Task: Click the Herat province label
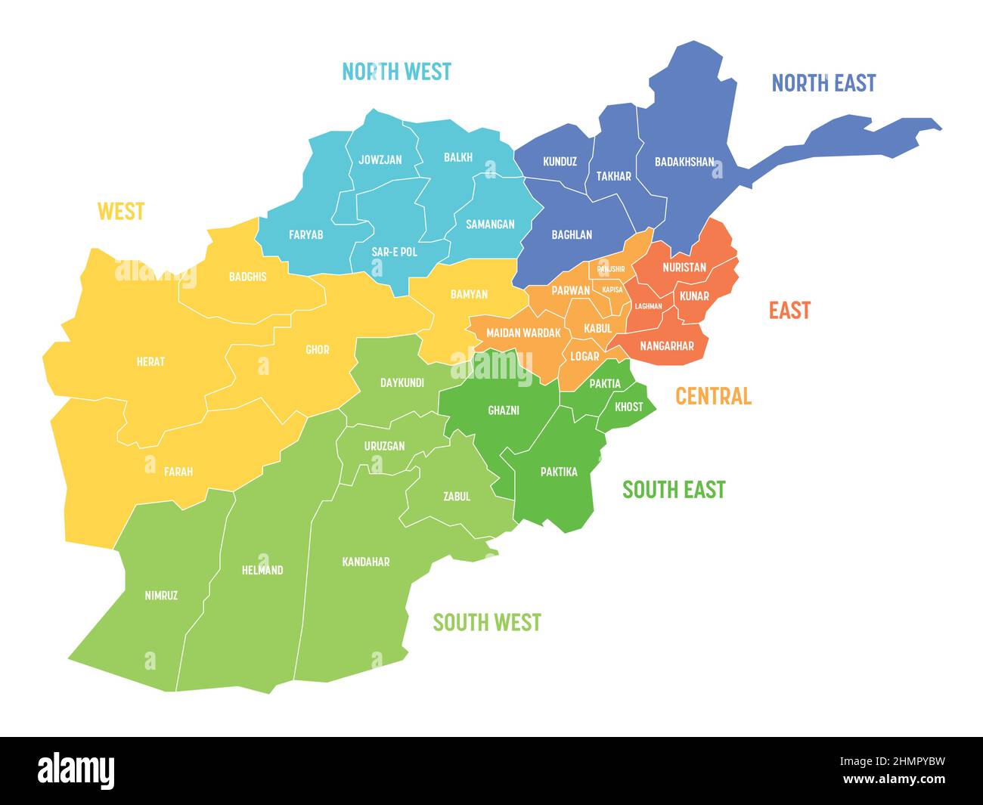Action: [x=150, y=361]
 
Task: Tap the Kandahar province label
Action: [x=366, y=562]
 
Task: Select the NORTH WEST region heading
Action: [x=396, y=72]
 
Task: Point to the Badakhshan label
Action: [x=684, y=161]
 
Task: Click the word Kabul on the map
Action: [x=597, y=328]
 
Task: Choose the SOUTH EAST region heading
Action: [x=673, y=490]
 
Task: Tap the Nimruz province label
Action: [x=161, y=595]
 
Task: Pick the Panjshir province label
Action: [x=611, y=269]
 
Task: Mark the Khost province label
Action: [x=629, y=407]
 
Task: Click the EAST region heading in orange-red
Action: [x=789, y=310]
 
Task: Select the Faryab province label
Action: [x=305, y=235]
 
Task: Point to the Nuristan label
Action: [x=684, y=267]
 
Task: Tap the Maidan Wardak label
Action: [x=523, y=333]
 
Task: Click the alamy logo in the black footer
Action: [x=76, y=770]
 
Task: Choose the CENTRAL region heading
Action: [x=712, y=396]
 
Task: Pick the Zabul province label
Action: [x=456, y=497]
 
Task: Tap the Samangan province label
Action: [x=489, y=224]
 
